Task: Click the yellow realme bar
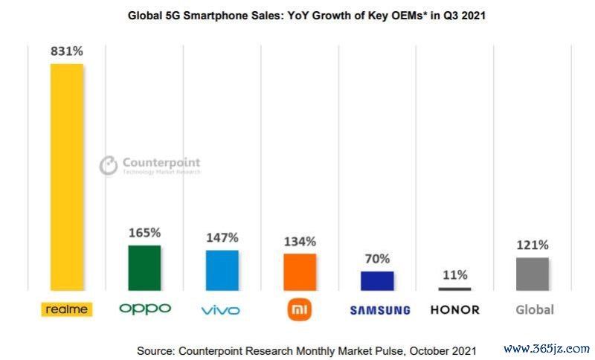pyautogui.click(x=66, y=176)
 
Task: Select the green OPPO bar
pyautogui.click(x=144, y=268)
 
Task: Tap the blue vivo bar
pyautogui.click(x=222, y=270)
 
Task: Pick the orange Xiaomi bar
pyautogui.click(x=300, y=271)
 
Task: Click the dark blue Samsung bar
pyautogui.click(x=377, y=280)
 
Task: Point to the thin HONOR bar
pyautogui.click(x=454, y=289)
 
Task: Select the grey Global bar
pyautogui.click(x=532, y=274)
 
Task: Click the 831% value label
pyautogui.click(x=66, y=51)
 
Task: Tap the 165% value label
pyautogui.click(x=144, y=232)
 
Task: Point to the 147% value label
pyautogui.click(x=222, y=237)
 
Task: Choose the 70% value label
pyautogui.click(x=377, y=259)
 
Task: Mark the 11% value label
pyautogui.click(x=454, y=274)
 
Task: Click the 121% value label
pyautogui.click(x=532, y=245)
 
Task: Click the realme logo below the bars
pyautogui.click(x=66, y=309)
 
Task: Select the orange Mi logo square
pyautogui.click(x=299, y=309)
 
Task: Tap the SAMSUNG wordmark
pyautogui.click(x=379, y=310)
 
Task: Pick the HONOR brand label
pyautogui.click(x=454, y=309)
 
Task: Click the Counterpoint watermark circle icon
pyautogui.click(x=109, y=165)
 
